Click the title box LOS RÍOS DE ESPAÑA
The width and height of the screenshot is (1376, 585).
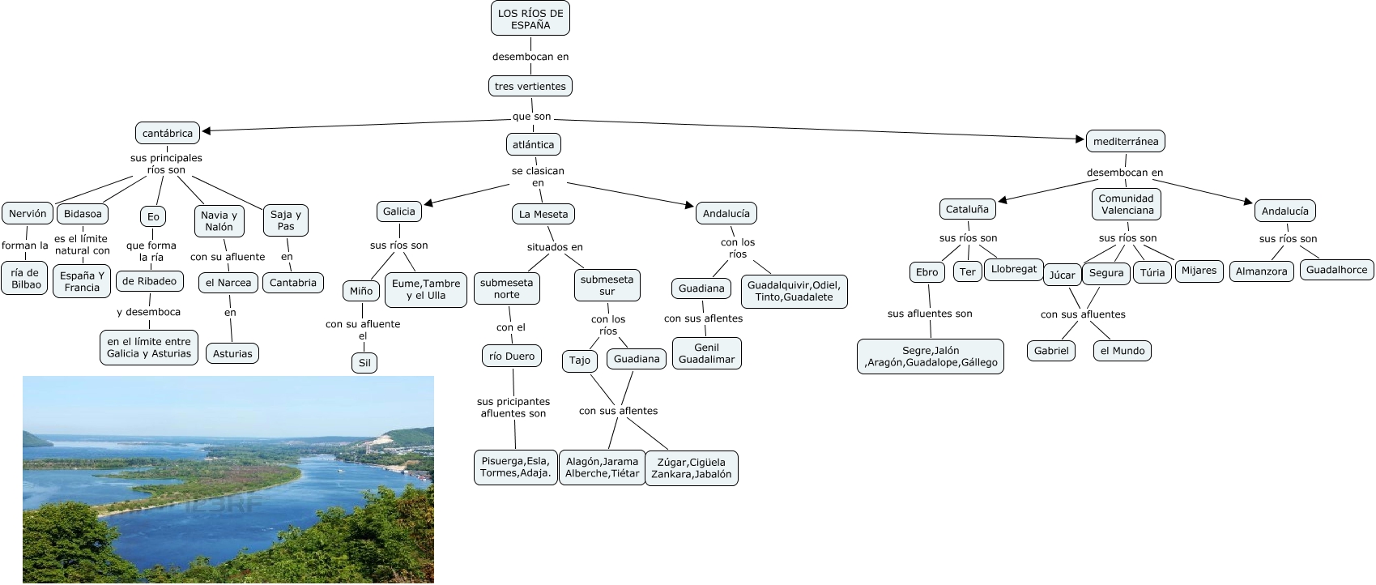click(530, 19)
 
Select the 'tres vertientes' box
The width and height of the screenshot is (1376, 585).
click(530, 86)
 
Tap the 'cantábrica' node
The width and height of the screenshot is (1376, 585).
click(168, 133)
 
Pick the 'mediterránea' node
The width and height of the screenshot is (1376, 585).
click(1125, 141)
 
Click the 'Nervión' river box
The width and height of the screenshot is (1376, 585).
click(28, 214)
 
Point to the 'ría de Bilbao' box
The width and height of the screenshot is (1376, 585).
click(25, 279)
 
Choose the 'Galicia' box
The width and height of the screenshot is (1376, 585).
click(398, 211)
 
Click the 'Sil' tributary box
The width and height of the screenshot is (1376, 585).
click(364, 363)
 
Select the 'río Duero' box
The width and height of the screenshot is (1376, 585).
click(511, 356)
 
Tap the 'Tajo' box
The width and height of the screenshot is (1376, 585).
click(579, 360)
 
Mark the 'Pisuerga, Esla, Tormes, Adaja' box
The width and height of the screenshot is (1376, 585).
click(515, 468)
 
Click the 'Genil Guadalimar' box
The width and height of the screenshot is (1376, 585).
click(706, 353)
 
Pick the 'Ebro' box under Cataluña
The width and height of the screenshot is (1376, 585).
click(927, 272)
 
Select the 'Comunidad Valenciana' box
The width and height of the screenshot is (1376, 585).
click(1126, 204)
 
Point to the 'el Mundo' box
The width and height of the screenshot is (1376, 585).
click(1122, 351)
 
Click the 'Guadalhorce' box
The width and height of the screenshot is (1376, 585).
click(1336, 270)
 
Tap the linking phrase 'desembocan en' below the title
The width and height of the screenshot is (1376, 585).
click(530, 57)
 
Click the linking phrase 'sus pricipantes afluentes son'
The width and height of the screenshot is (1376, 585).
click(513, 408)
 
